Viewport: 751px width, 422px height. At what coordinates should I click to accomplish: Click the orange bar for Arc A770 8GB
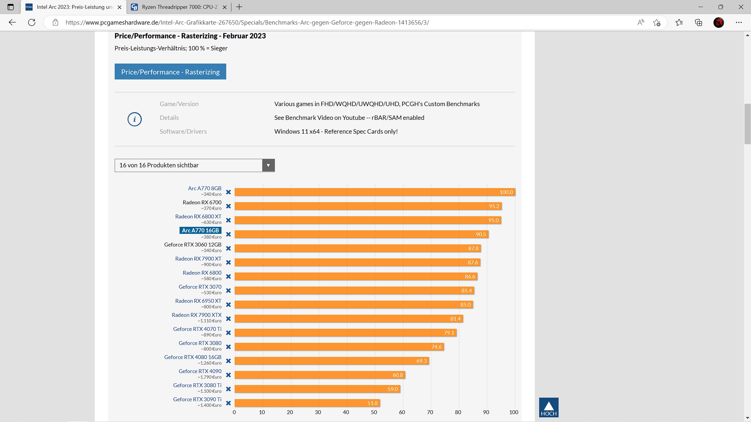coord(375,192)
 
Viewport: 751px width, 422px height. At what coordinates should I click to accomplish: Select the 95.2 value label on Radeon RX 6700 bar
coord(494,206)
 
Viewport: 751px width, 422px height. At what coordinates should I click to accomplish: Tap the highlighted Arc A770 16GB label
coord(200,230)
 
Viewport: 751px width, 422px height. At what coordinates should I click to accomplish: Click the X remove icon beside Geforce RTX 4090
coord(229,375)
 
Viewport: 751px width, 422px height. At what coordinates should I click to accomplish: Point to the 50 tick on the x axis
coord(374,412)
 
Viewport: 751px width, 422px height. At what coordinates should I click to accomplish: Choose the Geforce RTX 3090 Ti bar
coord(307,403)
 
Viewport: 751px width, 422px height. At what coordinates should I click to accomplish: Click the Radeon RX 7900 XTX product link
coord(197,315)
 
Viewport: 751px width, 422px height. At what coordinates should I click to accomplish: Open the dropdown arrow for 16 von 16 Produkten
coord(268,165)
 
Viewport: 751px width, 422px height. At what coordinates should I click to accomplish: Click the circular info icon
coord(135,119)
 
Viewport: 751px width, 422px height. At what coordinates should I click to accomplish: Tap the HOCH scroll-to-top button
coord(549,407)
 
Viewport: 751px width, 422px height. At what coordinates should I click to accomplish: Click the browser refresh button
coord(32,22)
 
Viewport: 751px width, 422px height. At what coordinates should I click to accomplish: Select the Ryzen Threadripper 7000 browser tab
coord(179,7)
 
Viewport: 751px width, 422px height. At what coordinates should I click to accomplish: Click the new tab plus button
coord(239,7)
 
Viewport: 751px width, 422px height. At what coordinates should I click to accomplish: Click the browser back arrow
coord(12,22)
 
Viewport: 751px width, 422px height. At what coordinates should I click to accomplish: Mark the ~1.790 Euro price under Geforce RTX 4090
coord(209,377)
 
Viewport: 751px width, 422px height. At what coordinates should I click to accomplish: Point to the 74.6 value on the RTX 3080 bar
coord(436,347)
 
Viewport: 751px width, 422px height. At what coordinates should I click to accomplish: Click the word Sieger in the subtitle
coord(219,48)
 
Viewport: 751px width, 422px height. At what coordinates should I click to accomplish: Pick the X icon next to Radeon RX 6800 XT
coord(229,220)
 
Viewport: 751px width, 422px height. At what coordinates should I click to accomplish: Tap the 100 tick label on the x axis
coord(514,412)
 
